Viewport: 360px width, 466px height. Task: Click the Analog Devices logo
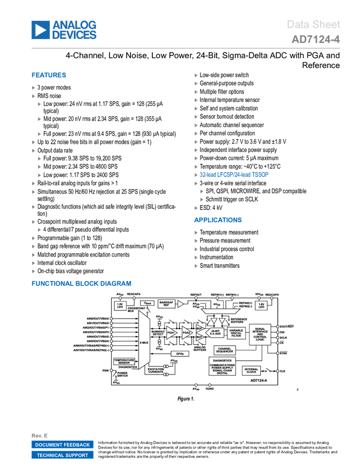click(64, 30)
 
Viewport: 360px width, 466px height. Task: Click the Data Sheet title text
click(314, 25)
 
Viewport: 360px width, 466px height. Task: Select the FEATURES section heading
click(49, 76)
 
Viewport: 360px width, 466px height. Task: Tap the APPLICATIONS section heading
click(218, 220)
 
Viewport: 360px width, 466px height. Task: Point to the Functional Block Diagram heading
click(81, 283)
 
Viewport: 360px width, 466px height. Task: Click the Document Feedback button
click(62, 445)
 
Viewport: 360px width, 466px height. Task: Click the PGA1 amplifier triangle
click(172, 333)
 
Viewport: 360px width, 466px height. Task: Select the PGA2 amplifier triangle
click(187, 333)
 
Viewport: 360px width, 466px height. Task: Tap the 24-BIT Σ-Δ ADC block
click(215, 332)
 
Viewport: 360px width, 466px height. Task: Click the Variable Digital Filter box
click(236, 333)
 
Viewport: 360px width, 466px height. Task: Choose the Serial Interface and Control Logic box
click(260, 334)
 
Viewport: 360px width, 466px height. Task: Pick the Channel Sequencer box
click(225, 350)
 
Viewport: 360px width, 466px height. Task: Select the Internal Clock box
click(251, 371)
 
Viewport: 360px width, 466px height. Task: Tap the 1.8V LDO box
click(261, 305)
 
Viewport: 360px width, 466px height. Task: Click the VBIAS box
click(148, 303)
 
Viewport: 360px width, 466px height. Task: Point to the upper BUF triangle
click(199, 328)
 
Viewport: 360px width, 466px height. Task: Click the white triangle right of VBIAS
click(180, 304)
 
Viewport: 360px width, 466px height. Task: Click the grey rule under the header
click(186, 50)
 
